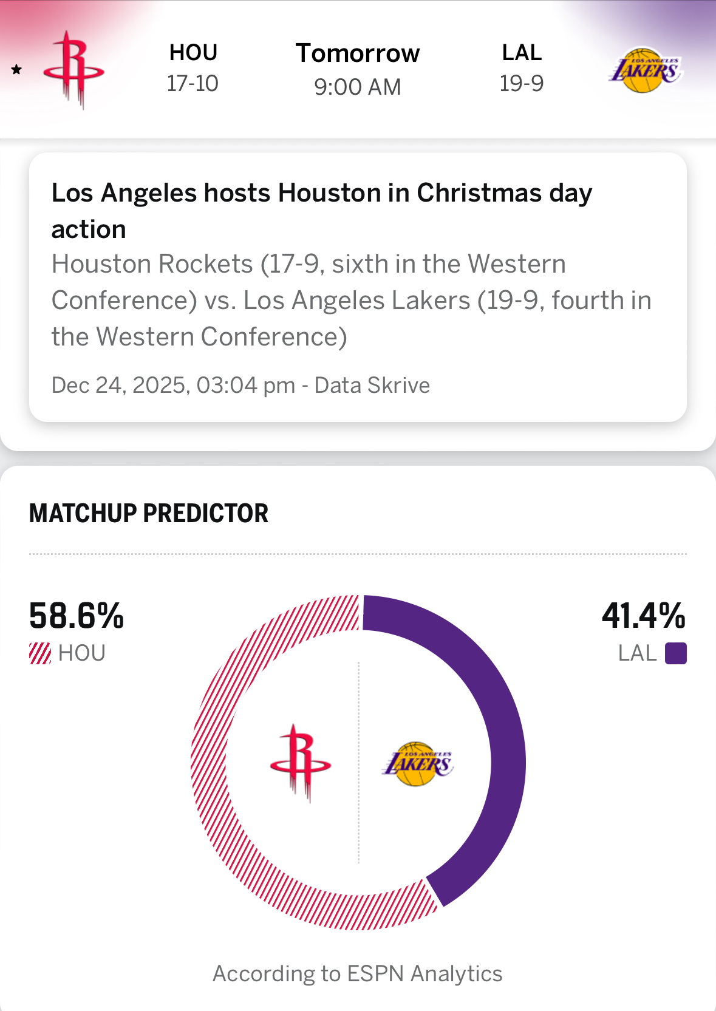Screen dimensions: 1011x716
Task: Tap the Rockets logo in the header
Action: pyautogui.click(x=73, y=70)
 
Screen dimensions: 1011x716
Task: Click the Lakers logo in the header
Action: pyautogui.click(x=645, y=70)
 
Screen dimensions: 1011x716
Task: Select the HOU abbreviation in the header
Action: pyautogui.click(x=193, y=53)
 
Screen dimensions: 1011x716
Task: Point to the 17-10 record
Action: pyautogui.click(x=193, y=83)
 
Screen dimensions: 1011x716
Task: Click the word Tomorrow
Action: pyautogui.click(x=358, y=53)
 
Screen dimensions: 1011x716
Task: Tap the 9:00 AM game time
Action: pyautogui.click(x=358, y=87)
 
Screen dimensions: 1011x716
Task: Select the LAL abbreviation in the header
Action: pyautogui.click(x=522, y=53)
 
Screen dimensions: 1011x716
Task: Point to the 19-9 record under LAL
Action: pyautogui.click(x=522, y=83)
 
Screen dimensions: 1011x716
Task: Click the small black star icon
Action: pyautogui.click(x=17, y=70)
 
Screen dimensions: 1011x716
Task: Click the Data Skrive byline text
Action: pyautogui.click(x=372, y=386)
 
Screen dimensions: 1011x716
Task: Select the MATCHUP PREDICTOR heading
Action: pyautogui.click(x=149, y=513)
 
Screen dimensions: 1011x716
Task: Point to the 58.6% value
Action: pyautogui.click(x=77, y=616)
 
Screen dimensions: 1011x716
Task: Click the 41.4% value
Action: pyautogui.click(x=643, y=616)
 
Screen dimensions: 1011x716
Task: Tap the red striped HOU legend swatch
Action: pyautogui.click(x=40, y=653)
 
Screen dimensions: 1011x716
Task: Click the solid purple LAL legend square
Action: pyautogui.click(x=675, y=653)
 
